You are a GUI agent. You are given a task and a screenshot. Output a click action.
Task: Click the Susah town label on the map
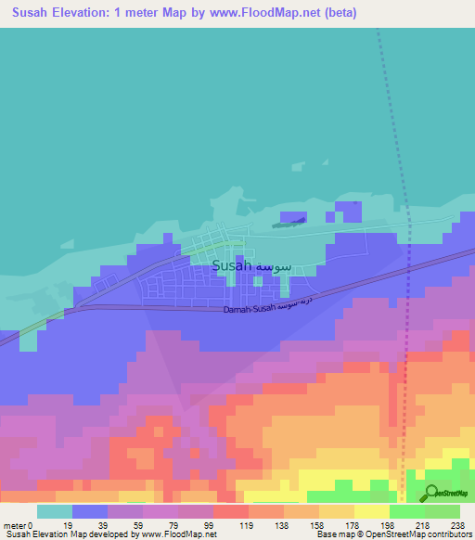click(x=232, y=265)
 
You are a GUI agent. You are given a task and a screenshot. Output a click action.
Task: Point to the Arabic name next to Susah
click(x=275, y=266)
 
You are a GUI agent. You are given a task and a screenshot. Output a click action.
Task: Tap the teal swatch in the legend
click(x=55, y=511)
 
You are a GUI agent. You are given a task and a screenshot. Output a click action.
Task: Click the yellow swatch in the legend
click(x=371, y=511)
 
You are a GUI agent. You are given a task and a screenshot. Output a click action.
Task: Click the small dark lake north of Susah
click(x=289, y=221)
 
